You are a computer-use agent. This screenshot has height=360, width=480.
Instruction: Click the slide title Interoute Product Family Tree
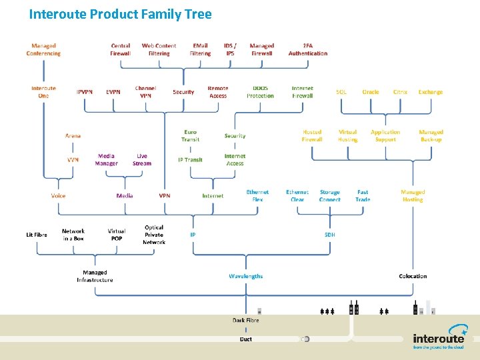tap(120, 14)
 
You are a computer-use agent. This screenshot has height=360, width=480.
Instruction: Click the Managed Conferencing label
tap(43, 49)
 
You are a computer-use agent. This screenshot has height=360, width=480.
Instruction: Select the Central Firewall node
tap(121, 49)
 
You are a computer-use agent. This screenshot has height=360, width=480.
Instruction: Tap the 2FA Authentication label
tap(308, 49)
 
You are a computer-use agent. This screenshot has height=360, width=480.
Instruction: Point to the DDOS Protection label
tap(260, 92)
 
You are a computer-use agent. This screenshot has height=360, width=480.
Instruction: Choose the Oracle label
tap(371, 92)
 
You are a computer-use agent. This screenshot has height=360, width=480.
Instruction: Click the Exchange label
tap(430, 92)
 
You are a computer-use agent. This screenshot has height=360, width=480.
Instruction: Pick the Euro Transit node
tap(190, 136)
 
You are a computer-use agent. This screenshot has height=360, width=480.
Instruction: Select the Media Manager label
tap(106, 159)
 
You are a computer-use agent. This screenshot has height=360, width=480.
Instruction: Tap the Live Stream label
tap(142, 159)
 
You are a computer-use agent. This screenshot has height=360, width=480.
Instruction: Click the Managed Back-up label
tap(431, 136)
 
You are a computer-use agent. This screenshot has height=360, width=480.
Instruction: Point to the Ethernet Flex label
tap(257, 196)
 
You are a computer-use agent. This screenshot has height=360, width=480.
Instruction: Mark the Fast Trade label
tap(363, 196)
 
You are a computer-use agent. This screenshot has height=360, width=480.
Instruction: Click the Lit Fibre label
tap(37, 235)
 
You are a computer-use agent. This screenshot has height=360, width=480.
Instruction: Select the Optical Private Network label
tap(154, 235)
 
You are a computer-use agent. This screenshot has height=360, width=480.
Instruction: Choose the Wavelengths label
tap(246, 276)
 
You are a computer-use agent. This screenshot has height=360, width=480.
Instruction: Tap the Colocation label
tap(413, 276)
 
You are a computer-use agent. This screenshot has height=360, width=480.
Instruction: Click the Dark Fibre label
tap(246, 320)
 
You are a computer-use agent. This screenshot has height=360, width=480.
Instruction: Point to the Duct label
tap(246, 339)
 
